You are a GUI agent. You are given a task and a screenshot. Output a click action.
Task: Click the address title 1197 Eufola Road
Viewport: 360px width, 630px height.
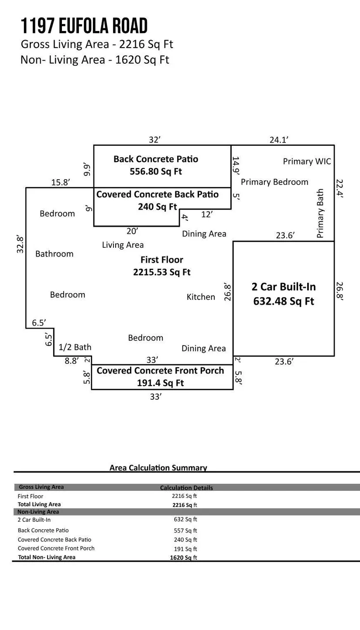click(x=84, y=27)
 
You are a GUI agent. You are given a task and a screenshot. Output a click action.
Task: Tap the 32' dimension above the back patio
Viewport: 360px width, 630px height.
click(x=155, y=140)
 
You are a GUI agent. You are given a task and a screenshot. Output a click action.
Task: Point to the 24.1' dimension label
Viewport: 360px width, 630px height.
click(x=279, y=140)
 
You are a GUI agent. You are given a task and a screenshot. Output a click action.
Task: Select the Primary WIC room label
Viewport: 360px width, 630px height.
click(x=307, y=161)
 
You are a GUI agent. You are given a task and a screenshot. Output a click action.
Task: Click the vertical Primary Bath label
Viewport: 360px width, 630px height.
click(x=321, y=213)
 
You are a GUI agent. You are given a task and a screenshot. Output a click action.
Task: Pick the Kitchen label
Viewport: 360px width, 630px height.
click(x=201, y=297)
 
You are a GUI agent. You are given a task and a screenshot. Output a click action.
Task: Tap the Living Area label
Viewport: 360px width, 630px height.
click(x=123, y=245)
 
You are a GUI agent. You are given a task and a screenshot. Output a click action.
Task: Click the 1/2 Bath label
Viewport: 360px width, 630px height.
click(x=75, y=347)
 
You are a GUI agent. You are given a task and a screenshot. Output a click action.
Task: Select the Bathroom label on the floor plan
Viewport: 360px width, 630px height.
click(x=54, y=254)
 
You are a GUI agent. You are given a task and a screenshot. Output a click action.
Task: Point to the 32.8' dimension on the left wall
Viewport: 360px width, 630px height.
click(x=20, y=244)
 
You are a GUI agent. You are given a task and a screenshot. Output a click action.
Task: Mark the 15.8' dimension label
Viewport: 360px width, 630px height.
click(x=60, y=182)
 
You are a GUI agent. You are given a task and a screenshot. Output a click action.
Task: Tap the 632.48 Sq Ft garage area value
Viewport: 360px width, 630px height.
click(x=284, y=301)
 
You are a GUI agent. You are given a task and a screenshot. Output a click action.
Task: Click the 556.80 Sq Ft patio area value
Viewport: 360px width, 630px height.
click(x=156, y=171)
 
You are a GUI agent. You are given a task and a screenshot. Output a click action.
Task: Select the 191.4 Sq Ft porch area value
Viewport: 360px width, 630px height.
click(x=160, y=383)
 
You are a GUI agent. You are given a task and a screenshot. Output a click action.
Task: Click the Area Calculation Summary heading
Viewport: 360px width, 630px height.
click(x=158, y=468)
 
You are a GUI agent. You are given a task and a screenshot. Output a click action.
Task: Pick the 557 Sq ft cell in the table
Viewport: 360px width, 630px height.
click(x=185, y=531)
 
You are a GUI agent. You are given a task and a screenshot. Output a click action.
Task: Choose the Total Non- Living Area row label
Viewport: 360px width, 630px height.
click(x=46, y=557)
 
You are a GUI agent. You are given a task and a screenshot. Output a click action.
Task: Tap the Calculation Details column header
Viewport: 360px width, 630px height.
click(x=186, y=488)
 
